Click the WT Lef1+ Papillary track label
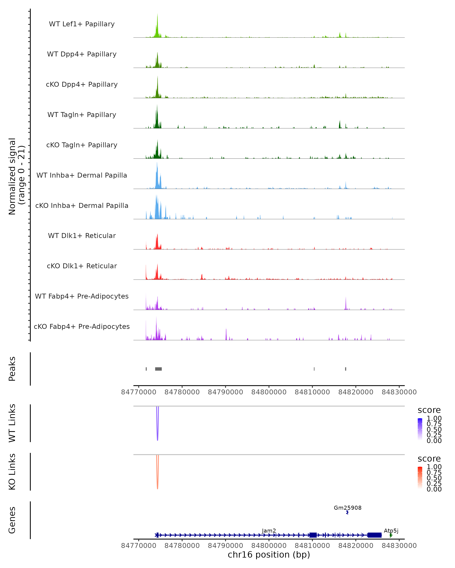pos(82,24)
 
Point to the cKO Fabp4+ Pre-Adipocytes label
pos(82,326)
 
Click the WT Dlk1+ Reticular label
pos(82,236)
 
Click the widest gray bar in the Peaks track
pos(158,369)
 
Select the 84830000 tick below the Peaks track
pos(399,392)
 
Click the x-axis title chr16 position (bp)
pos(269,555)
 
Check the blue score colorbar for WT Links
pos(420,429)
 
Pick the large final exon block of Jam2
pos(375,535)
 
